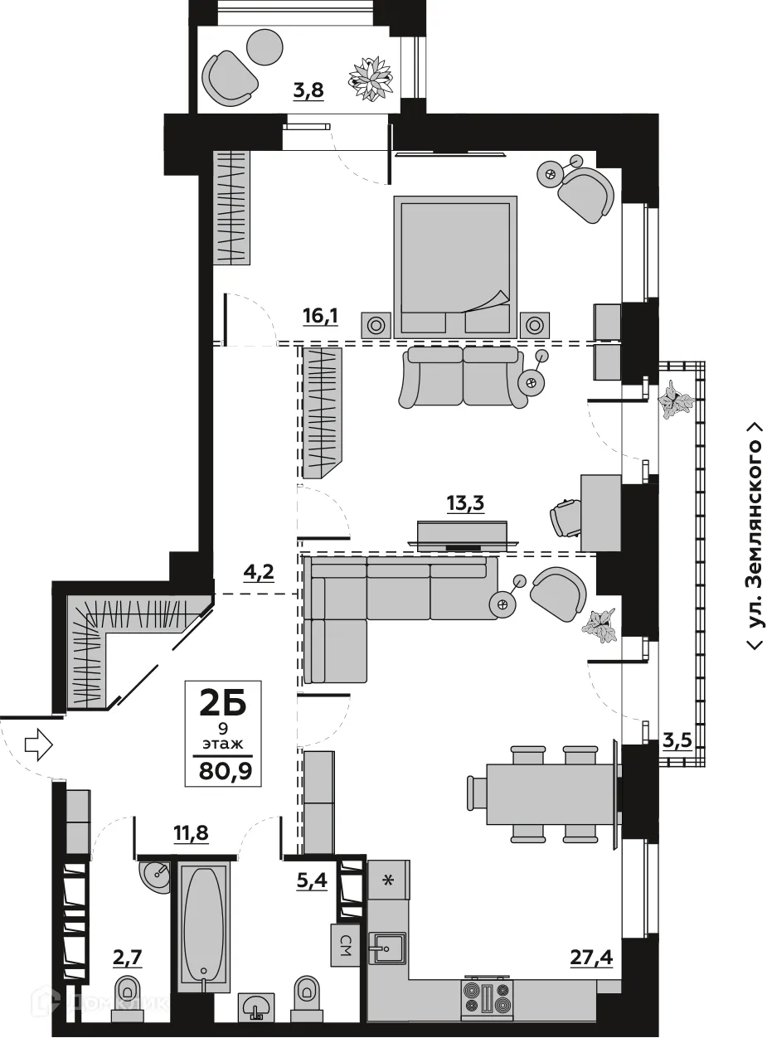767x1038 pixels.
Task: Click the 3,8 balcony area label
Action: coord(308,91)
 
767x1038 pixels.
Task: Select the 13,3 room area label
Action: coord(465,504)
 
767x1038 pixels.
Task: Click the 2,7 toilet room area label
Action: coord(128,958)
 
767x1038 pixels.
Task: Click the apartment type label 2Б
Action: coord(225,704)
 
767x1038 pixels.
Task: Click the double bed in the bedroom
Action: coord(454,265)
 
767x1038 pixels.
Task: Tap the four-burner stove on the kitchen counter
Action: coord(489,997)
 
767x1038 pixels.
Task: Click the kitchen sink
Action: coord(388,948)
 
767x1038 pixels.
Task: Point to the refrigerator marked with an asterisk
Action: coord(388,880)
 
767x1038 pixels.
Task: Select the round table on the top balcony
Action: coord(265,47)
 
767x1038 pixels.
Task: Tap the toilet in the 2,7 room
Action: coord(128,994)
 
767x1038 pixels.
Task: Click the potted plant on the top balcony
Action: coord(371,79)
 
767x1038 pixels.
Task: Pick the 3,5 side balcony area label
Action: coord(677,741)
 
